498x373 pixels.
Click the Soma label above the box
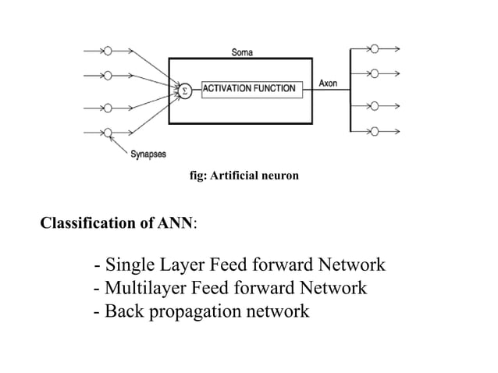(x=241, y=52)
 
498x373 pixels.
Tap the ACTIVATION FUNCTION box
(x=249, y=89)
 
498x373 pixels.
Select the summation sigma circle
(x=184, y=90)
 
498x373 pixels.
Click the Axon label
(x=329, y=83)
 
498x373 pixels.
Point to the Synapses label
(x=147, y=154)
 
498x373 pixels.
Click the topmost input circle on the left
(x=108, y=49)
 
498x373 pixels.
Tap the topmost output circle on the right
(x=375, y=48)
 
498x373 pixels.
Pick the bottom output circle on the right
(x=375, y=130)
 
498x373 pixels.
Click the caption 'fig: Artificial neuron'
(x=244, y=177)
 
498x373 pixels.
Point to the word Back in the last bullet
(x=123, y=312)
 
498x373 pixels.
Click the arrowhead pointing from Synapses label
(x=113, y=137)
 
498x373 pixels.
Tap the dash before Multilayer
(x=96, y=289)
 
